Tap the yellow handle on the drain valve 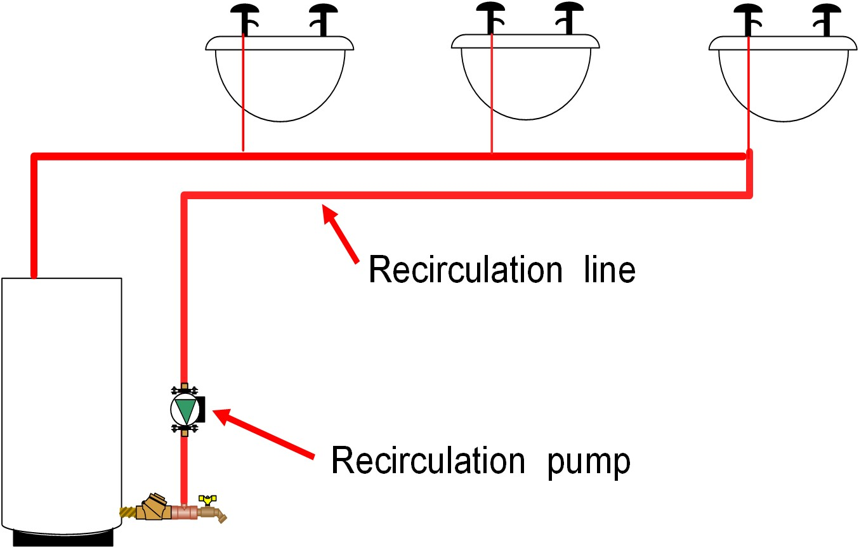click(205, 500)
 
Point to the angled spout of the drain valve click(221, 517)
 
